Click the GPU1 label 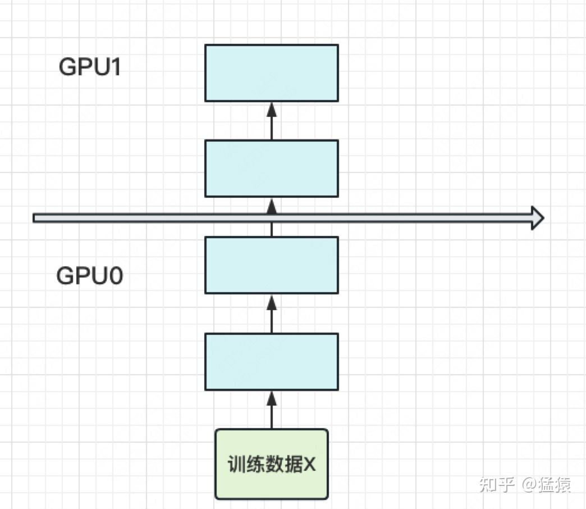[x=90, y=67]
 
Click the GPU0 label [x=90, y=276]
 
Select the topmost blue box [x=271, y=73]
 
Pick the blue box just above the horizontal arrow [x=271, y=169]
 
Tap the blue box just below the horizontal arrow [x=271, y=265]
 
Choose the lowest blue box [x=271, y=362]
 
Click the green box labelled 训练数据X [x=271, y=464]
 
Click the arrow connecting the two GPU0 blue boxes [x=272, y=313]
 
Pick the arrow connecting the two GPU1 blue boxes [x=272, y=121]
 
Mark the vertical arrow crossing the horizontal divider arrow [x=272, y=217]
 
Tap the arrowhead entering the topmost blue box [x=272, y=107]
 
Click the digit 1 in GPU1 [x=116, y=67]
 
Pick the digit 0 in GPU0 [x=115, y=276]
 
